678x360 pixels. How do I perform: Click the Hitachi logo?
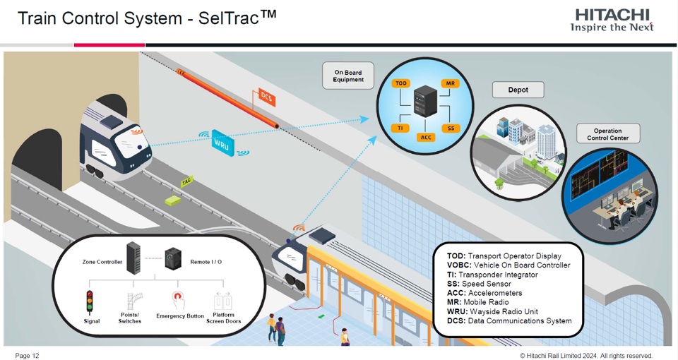coord(612,20)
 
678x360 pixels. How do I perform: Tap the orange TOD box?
coord(401,83)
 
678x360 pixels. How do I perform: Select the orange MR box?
coord(450,83)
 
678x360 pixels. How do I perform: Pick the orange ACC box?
coord(426,137)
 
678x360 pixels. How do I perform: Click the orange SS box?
coord(451,128)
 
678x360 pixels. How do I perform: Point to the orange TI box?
coord(400,128)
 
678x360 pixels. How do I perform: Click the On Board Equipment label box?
coord(348,76)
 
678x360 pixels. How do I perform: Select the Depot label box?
coord(518,90)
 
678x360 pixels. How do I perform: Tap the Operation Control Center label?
coord(607,134)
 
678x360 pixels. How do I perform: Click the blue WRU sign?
coord(222,142)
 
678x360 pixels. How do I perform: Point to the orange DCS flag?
coord(266,97)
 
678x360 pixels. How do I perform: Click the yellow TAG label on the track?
coord(186,181)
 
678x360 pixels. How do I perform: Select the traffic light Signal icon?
coord(90,301)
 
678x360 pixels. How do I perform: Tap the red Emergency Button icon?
coord(179,299)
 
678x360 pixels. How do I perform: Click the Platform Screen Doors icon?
coord(223,300)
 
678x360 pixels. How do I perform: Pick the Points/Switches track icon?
coord(131,301)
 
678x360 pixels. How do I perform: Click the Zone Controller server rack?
coord(133,259)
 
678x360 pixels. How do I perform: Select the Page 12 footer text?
coord(27,356)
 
